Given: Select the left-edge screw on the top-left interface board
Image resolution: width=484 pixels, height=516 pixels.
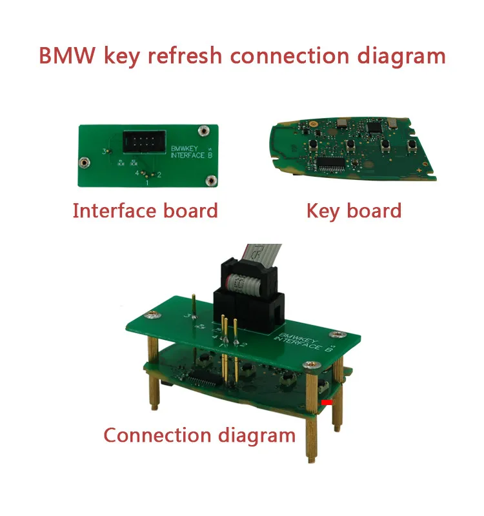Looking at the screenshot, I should pos(83,161).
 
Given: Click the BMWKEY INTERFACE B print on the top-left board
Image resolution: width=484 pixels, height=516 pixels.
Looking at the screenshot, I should pos(187,152).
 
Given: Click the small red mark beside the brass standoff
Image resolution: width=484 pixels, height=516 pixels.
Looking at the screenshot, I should pos(327,402).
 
